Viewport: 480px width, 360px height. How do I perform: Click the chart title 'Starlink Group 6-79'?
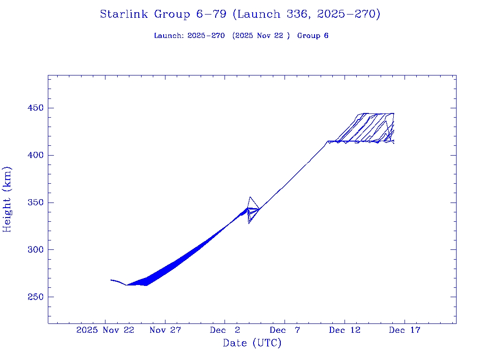coord(240,14)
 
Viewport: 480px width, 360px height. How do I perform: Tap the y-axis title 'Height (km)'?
coord(7,199)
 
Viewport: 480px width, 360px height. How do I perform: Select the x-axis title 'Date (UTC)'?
coord(252,343)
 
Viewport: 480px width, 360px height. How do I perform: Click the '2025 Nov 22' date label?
coord(105,330)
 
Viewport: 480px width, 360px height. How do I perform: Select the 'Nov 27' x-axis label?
coord(165,330)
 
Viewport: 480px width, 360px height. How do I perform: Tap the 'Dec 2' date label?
coord(225,330)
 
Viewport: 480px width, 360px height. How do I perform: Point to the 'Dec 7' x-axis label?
coord(285,330)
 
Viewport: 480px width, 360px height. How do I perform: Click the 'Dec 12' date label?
coord(345,330)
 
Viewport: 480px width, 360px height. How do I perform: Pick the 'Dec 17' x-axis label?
coord(405,330)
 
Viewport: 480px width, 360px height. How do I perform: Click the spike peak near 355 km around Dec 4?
coord(250,197)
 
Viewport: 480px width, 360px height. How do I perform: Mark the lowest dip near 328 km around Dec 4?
coord(249,223)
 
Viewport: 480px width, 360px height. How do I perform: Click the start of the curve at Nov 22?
coord(111,280)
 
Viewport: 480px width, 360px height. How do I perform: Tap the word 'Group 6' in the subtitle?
coord(313,36)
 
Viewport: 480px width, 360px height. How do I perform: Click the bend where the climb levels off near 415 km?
coord(327,141)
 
